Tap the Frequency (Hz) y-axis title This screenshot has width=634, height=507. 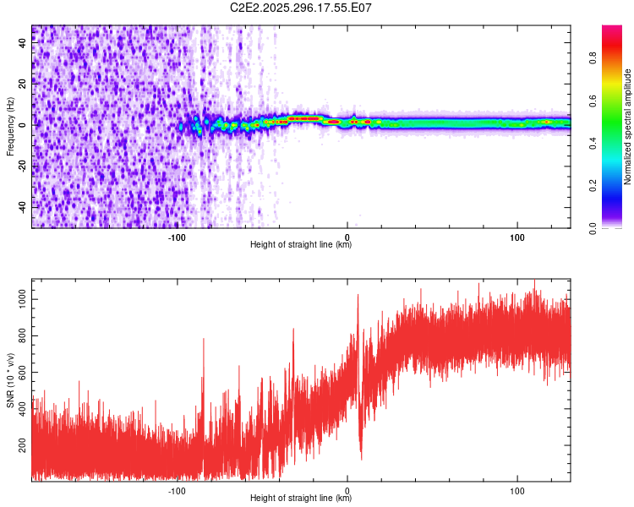(x=10, y=127)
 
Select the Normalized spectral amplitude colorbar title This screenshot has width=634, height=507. (x=627, y=127)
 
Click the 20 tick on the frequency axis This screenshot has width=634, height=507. (x=22, y=84)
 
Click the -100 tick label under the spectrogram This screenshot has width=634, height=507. (x=177, y=237)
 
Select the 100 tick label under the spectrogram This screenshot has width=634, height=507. (x=517, y=237)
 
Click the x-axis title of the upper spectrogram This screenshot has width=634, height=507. (x=301, y=245)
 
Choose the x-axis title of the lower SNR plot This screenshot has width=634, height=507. (x=301, y=499)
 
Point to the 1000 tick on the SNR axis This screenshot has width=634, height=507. (x=22, y=298)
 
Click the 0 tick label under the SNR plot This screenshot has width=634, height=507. (x=347, y=491)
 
